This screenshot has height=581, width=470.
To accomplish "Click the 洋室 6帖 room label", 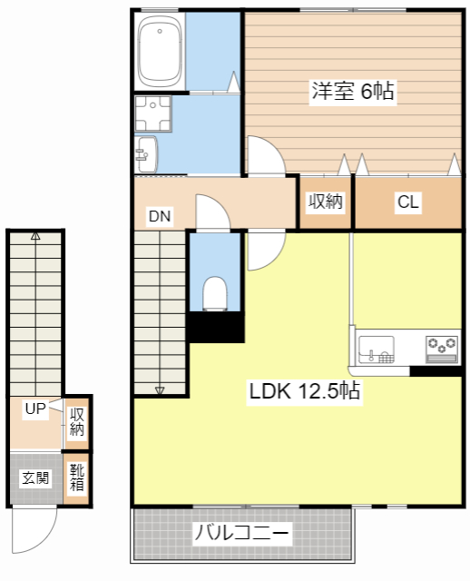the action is (x=353, y=91).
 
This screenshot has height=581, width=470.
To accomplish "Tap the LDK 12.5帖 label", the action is (x=305, y=390).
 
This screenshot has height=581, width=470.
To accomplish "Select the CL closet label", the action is (x=407, y=202).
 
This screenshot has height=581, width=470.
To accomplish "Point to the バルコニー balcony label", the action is (x=241, y=533).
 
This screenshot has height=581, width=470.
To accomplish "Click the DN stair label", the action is (x=160, y=216).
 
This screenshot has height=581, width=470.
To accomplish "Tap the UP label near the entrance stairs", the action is (x=35, y=409).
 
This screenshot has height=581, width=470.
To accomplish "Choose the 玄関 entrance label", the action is (x=35, y=478).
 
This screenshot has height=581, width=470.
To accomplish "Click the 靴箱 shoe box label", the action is (x=77, y=478).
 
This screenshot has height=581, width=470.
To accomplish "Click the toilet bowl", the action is (x=215, y=293).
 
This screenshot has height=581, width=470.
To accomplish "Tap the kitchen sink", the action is (x=377, y=349).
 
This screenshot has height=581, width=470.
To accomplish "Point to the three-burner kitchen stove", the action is (x=442, y=349).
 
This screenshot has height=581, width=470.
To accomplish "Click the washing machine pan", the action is (x=153, y=113).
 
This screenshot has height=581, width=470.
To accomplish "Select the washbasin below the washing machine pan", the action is (x=147, y=154).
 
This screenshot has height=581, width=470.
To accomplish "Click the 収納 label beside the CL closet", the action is (x=326, y=201).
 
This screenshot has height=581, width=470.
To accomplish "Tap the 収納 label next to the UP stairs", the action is (x=77, y=422).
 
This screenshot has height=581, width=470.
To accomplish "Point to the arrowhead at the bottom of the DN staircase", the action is (x=160, y=390).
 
